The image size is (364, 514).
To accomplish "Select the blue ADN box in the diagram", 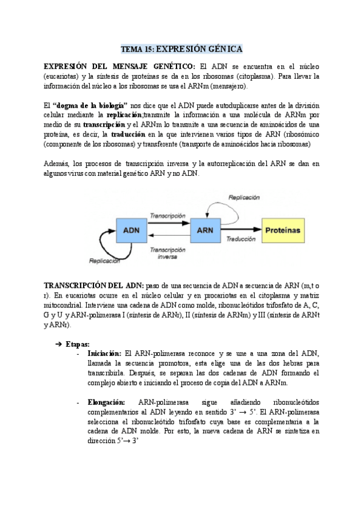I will (x=131, y=230).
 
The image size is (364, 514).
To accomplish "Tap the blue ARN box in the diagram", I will (x=206, y=230).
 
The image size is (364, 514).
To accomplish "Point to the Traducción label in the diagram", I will (x=241, y=239).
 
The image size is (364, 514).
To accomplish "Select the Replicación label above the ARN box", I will (x=243, y=198).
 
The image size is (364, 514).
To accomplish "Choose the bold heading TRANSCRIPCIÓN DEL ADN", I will (x=93, y=285).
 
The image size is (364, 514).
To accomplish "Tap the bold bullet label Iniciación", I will (x=104, y=353).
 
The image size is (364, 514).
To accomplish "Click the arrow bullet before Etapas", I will (x=59, y=344).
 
